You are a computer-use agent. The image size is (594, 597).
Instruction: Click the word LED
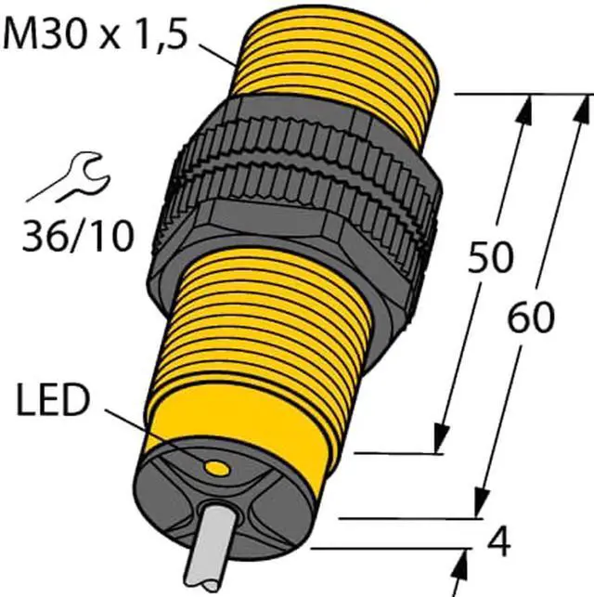pyautogui.click(x=53, y=401)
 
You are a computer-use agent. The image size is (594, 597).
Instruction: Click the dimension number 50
pyautogui.click(x=489, y=257)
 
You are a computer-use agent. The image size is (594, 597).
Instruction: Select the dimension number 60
pyautogui.click(x=530, y=318)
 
